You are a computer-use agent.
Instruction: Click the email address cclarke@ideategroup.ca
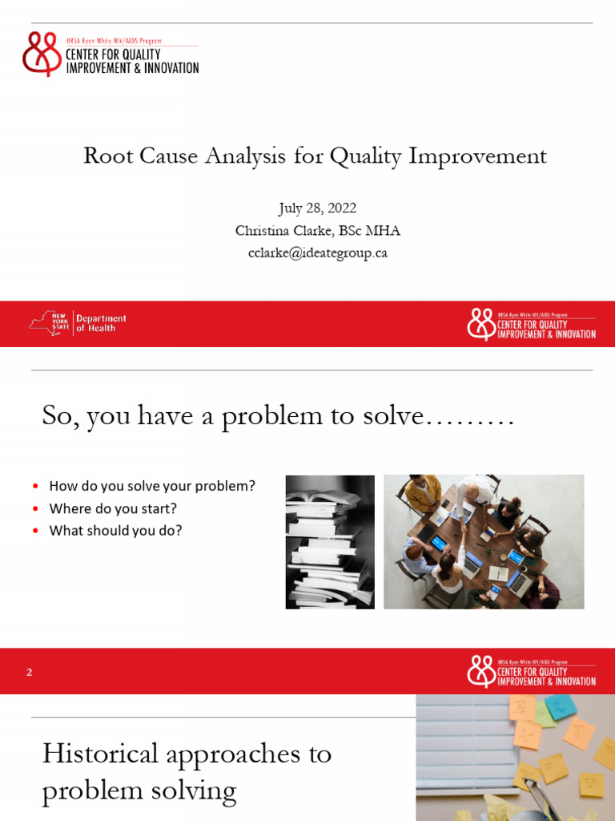point(318,253)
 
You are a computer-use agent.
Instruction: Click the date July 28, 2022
point(318,208)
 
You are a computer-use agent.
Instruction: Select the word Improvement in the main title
point(477,156)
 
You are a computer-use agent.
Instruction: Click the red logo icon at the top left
point(42,53)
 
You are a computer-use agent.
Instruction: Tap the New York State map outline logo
point(49,323)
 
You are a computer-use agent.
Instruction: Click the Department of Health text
point(101,323)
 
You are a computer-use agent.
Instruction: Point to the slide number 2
point(29,672)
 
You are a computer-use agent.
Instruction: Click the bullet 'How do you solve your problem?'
point(152,486)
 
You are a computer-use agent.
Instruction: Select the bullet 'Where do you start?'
point(113,508)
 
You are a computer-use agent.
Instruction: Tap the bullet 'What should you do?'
point(115,531)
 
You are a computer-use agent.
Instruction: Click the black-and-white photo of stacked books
point(330,541)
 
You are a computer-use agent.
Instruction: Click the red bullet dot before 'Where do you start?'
point(35,509)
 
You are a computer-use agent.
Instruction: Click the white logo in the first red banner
point(531,324)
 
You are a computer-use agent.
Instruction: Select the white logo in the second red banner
point(531,671)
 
